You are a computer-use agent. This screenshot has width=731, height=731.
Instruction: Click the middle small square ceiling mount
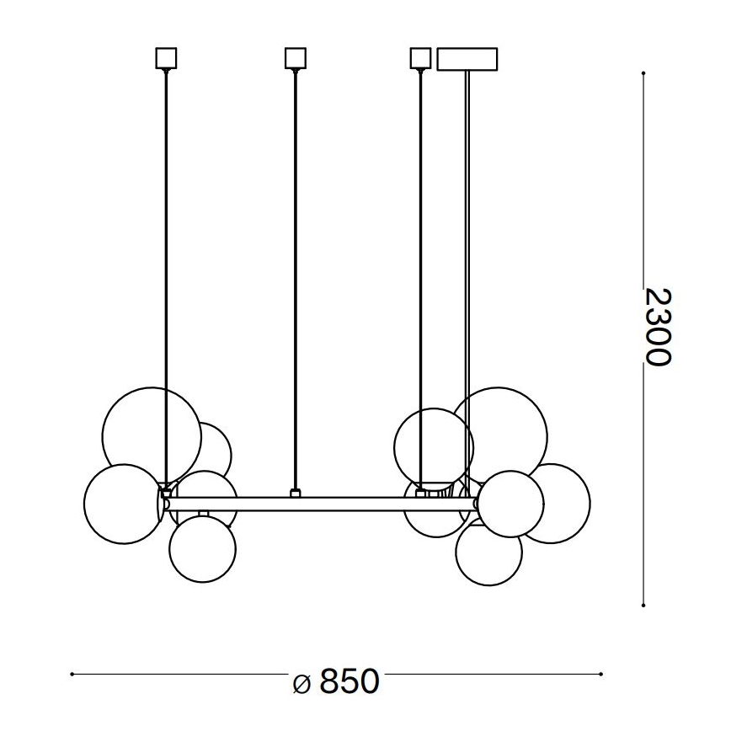pyautogui.click(x=294, y=58)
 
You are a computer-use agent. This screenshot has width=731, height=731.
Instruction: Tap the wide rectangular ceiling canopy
pyautogui.click(x=467, y=58)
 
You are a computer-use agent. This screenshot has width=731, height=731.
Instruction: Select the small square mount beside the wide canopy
pyautogui.click(x=419, y=58)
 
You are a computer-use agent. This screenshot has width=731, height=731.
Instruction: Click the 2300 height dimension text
pyautogui.click(x=658, y=327)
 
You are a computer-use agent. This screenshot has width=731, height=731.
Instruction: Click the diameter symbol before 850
pyautogui.click(x=304, y=683)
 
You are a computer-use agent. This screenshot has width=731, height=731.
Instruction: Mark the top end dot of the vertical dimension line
pyautogui.click(x=643, y=72)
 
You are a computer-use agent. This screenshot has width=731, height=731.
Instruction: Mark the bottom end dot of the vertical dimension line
pyautogui.click(x=643, y=605)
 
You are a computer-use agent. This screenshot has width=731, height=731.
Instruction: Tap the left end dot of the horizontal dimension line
pyautogui.click(x=72, y=675)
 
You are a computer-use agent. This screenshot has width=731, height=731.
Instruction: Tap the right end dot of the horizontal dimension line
pyautogui.click(x=601, y=675)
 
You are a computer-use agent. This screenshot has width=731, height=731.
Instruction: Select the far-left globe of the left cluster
pyautogui.click(x=122, y=503)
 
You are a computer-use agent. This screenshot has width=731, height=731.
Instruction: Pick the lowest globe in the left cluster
pyautogui.click(x=202, y=548)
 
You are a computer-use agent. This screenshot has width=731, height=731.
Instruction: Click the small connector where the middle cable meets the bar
pyautogui.click(x=294, y=493)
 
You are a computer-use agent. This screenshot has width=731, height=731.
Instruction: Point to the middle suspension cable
pyautogui.click(x=294, y=278)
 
